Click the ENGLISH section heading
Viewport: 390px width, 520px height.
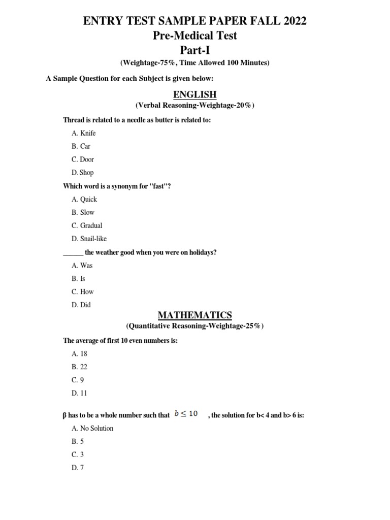(195, 94)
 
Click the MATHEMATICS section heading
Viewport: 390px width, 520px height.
(195, 315)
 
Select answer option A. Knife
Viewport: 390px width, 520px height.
(84, 133)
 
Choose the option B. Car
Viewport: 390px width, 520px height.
(81, 146)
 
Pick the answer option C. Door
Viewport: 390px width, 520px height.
(83, 159)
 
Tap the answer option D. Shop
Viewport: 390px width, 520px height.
(83, 173)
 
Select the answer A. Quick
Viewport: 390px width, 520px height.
(84, 200)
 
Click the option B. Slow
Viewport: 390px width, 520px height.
(83, 213)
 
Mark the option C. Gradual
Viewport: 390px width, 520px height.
(87, 225)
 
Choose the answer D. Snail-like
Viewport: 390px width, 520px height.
(89, 239)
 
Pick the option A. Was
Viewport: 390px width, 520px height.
(82, 265)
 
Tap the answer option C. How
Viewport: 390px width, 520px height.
(83, 291)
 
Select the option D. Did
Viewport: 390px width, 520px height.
(81, 305)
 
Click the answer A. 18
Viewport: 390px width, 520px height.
(80, 353)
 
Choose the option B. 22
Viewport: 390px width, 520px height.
(80, 367)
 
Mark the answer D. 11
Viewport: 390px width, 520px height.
(80, 393)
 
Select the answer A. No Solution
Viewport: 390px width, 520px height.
(93, 428)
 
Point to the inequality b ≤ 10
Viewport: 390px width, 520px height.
(186, 414)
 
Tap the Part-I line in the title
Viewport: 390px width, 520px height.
(195, 50)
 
